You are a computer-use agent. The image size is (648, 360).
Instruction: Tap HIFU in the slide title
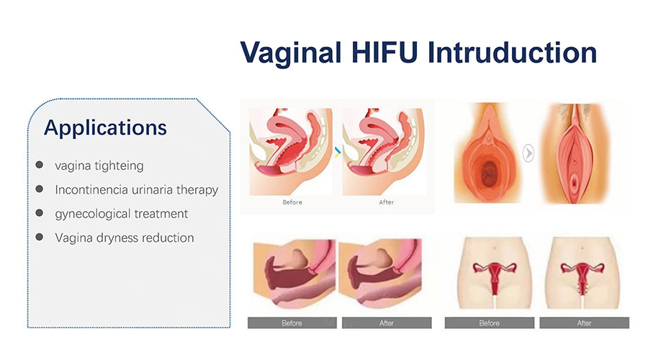(384, 53)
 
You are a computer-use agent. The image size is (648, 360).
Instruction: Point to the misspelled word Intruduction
(513, 53)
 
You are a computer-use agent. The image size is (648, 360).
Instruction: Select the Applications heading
(105, 128)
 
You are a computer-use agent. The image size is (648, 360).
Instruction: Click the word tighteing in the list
(119, 166)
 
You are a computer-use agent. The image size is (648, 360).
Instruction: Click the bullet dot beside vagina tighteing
(40, 165)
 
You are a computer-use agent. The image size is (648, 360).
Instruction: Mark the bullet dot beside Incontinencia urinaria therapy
(40, 189)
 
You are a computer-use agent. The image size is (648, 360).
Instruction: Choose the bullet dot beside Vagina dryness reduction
(40, 237)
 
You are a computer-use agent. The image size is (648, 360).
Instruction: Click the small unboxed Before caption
(292, 202)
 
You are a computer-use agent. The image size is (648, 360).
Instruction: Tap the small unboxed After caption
(387, 202)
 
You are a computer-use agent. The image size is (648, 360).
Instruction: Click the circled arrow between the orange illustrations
(528, 153)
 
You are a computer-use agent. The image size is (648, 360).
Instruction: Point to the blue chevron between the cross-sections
(338, 153)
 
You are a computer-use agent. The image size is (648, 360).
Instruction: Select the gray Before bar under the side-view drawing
(292, 323)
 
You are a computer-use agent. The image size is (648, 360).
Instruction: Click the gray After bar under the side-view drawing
(387, 323)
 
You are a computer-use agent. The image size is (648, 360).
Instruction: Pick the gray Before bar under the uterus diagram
(490, 323)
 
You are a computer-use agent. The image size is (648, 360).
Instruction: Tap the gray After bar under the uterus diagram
(585, 323)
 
